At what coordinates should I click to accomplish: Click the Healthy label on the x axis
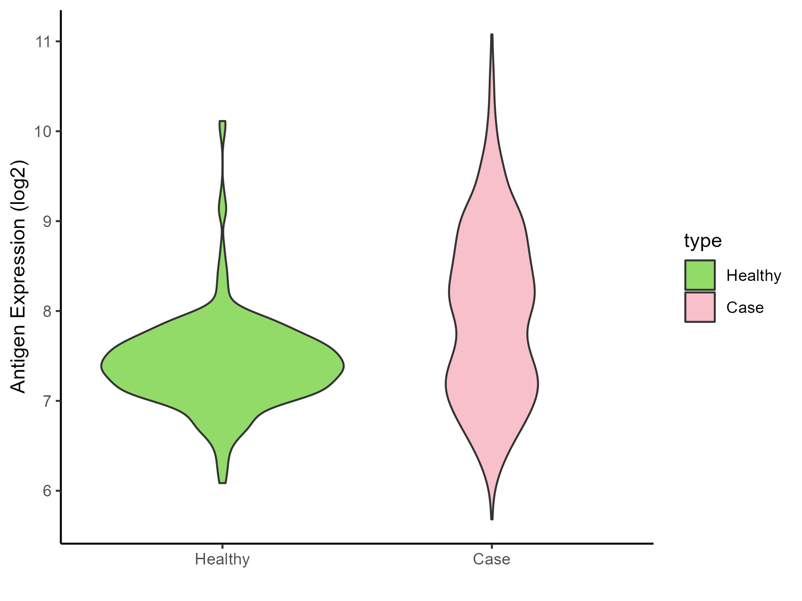click(222, 559)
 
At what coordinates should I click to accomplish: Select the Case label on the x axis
click(491, 559)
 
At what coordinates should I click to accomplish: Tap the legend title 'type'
click(703, 241)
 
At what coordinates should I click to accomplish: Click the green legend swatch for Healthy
click(700, 275)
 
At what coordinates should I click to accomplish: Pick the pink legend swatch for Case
click(700, 307)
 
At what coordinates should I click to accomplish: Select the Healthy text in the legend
click(753, 276)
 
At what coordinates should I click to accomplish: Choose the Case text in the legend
click(745, 308)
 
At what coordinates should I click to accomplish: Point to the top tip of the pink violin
click(491, 35)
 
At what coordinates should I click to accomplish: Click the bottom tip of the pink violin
click(491, 519)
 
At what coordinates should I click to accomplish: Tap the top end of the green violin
click(223, 121)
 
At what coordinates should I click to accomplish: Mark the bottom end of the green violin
click(223, 483)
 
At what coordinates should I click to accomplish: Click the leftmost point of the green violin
click(102, 366)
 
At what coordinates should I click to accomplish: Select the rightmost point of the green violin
click(344, 366)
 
